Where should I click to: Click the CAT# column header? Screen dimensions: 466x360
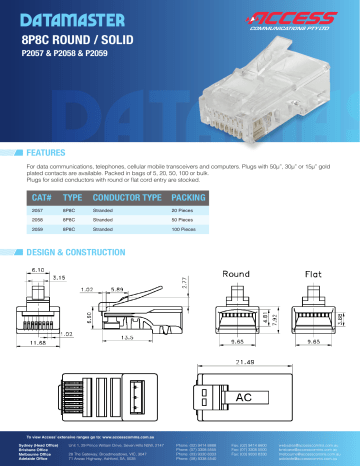click(43, 200)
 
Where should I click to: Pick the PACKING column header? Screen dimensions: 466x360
click(189, 200)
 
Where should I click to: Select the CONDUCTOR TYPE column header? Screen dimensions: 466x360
click(127, 200)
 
